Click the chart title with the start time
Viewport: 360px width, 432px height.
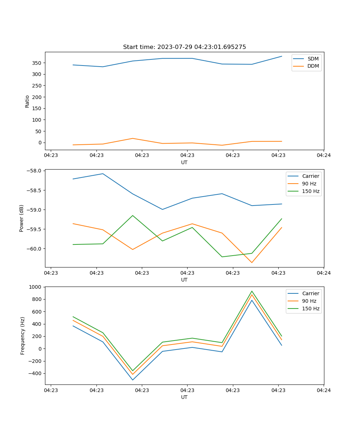click(184, 47)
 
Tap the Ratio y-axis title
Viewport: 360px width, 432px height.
click(27, 101)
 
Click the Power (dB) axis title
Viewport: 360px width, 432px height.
click(22, 218)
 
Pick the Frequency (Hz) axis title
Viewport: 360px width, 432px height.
click(23, 336)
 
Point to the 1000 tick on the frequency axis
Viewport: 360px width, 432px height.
click(36, 287)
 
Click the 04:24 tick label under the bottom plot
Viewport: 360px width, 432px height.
click(323, 390)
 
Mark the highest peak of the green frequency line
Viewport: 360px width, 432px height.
click(252, 291)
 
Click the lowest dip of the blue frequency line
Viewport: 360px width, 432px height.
click(132, 380)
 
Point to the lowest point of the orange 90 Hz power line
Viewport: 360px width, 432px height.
click(252, 262)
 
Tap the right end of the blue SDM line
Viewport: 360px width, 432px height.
click(282, 56)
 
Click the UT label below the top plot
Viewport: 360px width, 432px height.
click(184, 162)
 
